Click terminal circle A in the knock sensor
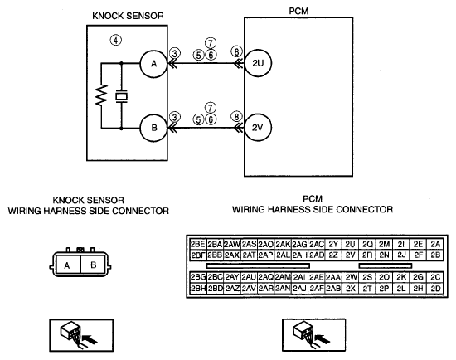pos(153,64)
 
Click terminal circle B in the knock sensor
pos(153,128)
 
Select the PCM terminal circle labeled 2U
pos(258,63)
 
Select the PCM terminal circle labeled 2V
pos(258,128)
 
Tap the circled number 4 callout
pos(116,40)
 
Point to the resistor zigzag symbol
pos(101,95)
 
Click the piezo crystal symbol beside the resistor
pos(121,96)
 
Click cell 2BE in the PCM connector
pos(198,244)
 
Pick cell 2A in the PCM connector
pos(435,244)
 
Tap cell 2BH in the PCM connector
pos(198,289)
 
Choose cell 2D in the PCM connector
pos(435,289)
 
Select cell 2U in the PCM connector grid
pos(350,244)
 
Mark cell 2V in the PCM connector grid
pos(350,255)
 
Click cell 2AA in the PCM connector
pos(333,277)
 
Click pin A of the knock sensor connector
pos(68,265)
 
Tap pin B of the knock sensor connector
pos(93,265)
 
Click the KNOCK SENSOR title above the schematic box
pos(128,16)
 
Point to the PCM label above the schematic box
pos(298,11)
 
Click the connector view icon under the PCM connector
pos(313,335)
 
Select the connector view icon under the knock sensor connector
pos(81,335)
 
